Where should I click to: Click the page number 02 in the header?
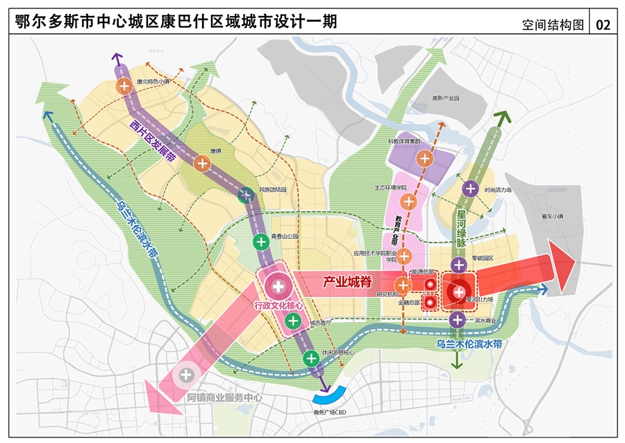(603, 25)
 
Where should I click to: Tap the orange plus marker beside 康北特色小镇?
(124, 87)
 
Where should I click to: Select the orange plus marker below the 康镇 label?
(202, 164)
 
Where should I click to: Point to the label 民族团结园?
(273, 189)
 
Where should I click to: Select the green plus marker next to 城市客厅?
(293, 321)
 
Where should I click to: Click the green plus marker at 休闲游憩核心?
(311, 358)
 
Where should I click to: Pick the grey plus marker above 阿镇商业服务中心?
(186, 376)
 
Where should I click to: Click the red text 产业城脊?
(345, 282)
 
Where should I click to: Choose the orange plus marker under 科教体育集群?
(424, 159)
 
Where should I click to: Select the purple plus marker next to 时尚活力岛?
(469, 188)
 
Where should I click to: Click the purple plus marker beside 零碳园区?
(458, 264)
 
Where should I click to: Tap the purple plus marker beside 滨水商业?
(457, 320)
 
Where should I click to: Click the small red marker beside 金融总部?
(430, 303)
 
